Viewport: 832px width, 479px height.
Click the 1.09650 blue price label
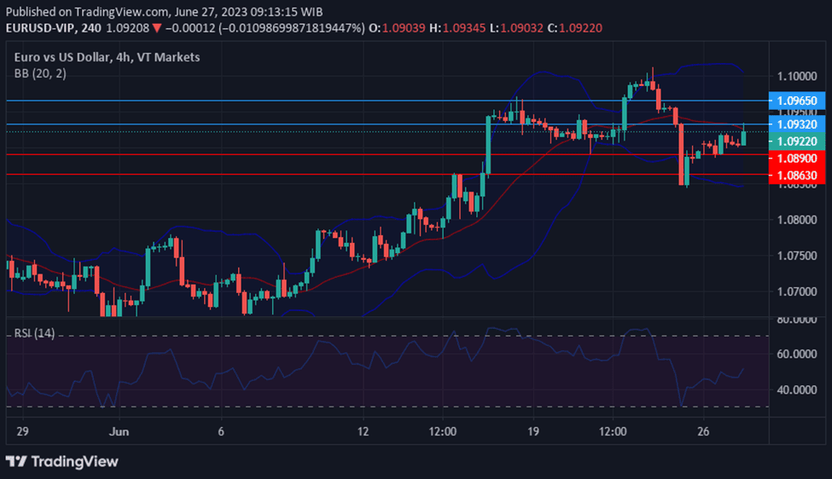coord(798,101)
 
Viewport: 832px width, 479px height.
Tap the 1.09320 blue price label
coord(798,124)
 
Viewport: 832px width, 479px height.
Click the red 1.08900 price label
coord(798,159)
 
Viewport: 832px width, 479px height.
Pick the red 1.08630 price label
coord(798,175)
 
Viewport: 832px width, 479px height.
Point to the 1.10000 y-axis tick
coord(798,76)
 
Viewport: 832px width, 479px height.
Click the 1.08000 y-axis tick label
coord(798,219)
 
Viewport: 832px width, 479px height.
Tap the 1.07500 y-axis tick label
coord(798,255)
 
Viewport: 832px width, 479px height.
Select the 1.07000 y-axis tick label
coord(798,291)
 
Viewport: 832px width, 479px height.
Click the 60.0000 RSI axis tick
coord(798,354)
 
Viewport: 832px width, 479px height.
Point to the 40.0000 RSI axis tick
coord(798,390)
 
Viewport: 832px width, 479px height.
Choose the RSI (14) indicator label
coord(34,333)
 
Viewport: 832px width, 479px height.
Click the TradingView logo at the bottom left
coord(62,461)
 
